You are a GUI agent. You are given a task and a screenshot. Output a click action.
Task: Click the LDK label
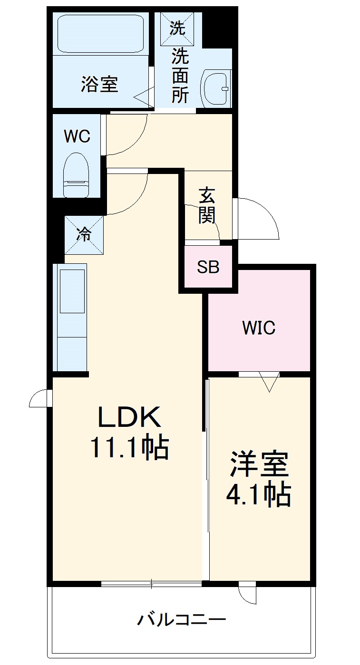pyautogui.click(x=129, y=418)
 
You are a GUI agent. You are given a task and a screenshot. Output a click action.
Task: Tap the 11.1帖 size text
pyautogui.click(x=129, y=448)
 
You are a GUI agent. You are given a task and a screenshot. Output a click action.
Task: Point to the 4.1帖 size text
pyautogui.click(x=258, y=495)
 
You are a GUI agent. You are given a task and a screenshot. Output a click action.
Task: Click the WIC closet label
pyautogui.click(x=259, y=328)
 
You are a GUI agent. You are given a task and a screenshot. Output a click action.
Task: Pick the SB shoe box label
pyautogui.click(x=208, y=267)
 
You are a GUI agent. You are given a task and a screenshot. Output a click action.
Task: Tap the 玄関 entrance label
pyautogui.click(x=207, y=205)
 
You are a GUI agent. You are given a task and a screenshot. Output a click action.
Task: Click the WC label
pyautogui.click(x=77, y=137)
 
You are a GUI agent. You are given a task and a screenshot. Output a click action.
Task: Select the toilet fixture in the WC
pyautogui.click(x=77, y=173)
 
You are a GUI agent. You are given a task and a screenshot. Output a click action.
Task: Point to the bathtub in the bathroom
pyautogui.click(x=101, y=33)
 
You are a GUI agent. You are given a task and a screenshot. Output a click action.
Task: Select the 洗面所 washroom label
pyautogui.click(x=180, y=76)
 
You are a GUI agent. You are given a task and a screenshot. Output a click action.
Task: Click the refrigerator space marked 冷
pyautogui.click(x=84, y=234)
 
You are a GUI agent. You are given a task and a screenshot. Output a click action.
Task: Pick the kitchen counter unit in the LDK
pyautogui.click(x=71, y=316)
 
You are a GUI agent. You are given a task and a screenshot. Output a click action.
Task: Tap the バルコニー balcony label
pyautogui.click(x=182, y=620)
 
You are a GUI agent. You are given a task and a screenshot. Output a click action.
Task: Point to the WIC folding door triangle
pyautogui.click(x=269, y=381)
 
